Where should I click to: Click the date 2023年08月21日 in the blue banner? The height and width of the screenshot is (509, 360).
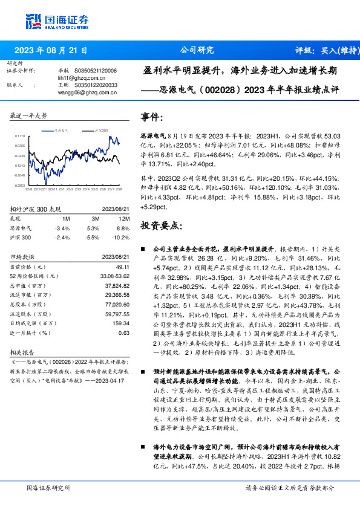51,50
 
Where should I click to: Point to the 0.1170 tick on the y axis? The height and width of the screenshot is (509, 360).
21,137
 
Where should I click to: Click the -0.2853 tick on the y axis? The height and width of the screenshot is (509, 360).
20,186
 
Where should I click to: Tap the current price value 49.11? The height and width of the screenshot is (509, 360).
123,267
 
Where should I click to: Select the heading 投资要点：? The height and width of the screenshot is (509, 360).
160,226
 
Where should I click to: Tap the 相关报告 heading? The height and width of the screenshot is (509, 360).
24,351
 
